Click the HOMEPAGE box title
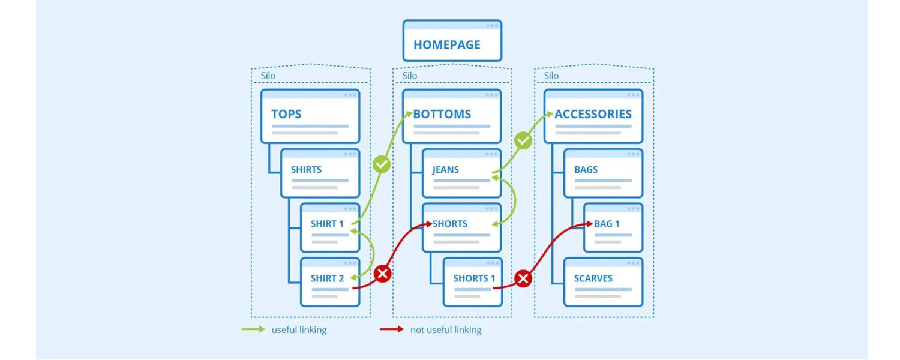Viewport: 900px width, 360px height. coord(446,45)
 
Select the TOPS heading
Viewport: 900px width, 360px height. coord(286,114)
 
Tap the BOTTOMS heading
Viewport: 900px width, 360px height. coord(443,114)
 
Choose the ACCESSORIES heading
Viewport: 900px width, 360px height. coord(593,114)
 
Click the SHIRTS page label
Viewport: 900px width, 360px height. coord(306,169)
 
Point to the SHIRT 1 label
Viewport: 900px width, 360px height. coord(327,224)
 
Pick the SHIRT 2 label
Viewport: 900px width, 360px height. coord(327,278)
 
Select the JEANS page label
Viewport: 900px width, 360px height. coord(446,169)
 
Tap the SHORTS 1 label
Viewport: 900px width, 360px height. coord(474,278)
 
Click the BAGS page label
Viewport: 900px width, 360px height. coord(586,169)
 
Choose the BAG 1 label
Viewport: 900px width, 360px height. coord(607,224)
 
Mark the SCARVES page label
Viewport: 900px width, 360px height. coord(593,278)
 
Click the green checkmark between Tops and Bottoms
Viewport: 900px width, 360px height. coord(382,164)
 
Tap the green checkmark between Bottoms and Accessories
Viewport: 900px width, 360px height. coord(523,142)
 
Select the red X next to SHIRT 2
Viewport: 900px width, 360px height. coord(382,274)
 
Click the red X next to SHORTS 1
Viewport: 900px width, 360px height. coord(523,278)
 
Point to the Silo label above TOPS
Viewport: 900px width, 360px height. coord(268,76)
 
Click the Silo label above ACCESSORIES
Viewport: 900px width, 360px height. coord(551,76)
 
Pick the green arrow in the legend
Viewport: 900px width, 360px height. coord(253,329)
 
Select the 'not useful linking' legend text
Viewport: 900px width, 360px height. coord(446,330)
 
